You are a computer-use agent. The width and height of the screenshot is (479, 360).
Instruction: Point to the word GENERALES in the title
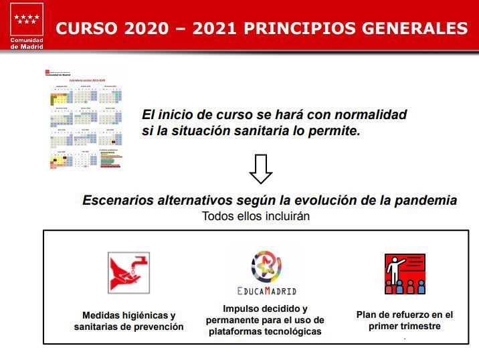point(414,29)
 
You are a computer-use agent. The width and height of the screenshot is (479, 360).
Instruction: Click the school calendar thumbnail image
point(84,118)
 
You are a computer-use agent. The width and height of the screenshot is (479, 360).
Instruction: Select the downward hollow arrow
point(260,169)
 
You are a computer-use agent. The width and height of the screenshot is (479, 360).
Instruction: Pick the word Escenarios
point(118,200)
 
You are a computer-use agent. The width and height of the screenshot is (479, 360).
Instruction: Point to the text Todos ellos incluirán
point(256,216)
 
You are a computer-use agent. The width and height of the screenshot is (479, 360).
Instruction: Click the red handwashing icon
point(128,272)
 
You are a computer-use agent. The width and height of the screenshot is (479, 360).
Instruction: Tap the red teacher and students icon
point(405,274)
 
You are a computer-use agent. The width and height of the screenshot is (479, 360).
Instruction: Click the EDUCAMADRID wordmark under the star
point(266,291)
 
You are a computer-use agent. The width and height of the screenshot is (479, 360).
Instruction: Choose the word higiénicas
point(145,315)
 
